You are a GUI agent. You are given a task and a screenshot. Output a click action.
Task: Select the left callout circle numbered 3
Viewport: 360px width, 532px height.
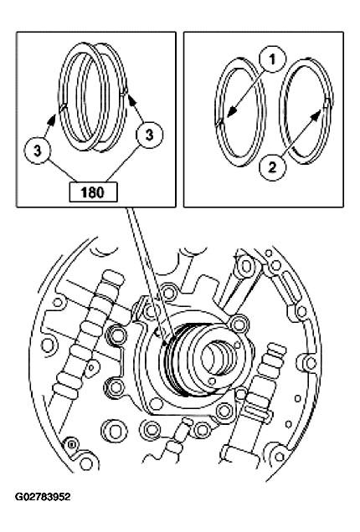click(38, 151)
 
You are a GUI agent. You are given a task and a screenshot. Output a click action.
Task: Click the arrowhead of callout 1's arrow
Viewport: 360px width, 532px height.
click(219, 122)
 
